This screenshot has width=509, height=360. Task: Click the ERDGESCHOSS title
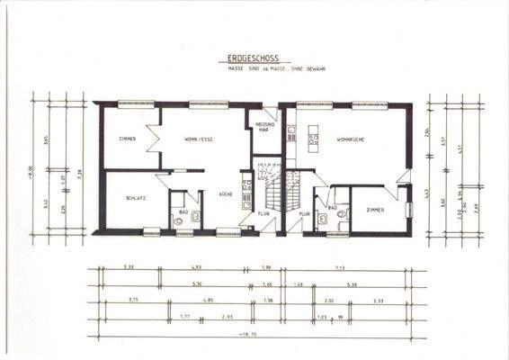point(254,57)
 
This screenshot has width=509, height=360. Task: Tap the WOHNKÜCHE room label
point(350,140)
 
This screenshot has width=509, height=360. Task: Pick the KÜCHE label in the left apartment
point(226,194)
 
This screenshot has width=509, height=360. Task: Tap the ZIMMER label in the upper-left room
point(127,139)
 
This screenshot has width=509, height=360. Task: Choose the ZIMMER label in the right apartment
point(375,209)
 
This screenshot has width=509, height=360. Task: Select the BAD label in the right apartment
point(332,207)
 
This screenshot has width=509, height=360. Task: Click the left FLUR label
point(263,214)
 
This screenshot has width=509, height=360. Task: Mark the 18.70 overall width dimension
point(255,333)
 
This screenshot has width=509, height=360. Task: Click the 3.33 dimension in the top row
point(129,267)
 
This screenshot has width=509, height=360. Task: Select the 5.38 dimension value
point(353,283)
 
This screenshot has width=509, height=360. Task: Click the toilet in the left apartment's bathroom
point(180,220)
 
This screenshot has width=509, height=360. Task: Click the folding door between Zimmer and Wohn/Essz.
point(156,137)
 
